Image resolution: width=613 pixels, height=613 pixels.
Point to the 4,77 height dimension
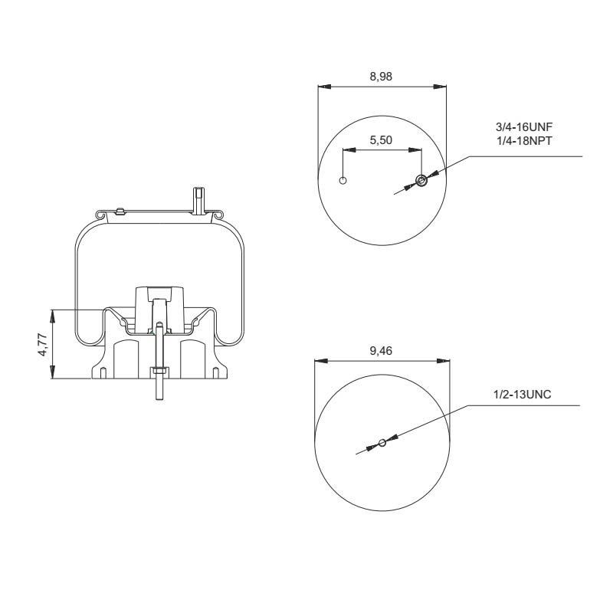[x=44, y=344]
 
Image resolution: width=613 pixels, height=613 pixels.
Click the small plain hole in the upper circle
[x=343, y=181]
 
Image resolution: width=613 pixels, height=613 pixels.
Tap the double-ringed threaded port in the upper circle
[x=421, y=181]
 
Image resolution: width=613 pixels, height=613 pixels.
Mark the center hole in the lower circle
[x=382, y=442]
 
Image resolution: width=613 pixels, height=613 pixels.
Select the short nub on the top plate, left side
[x=119, y=210]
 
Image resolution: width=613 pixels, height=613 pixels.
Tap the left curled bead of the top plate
[x=98, y=214]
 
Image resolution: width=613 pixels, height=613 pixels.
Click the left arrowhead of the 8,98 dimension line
[x=323, y=86]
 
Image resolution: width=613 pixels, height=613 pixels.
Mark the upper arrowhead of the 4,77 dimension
[x=53, y=313]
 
